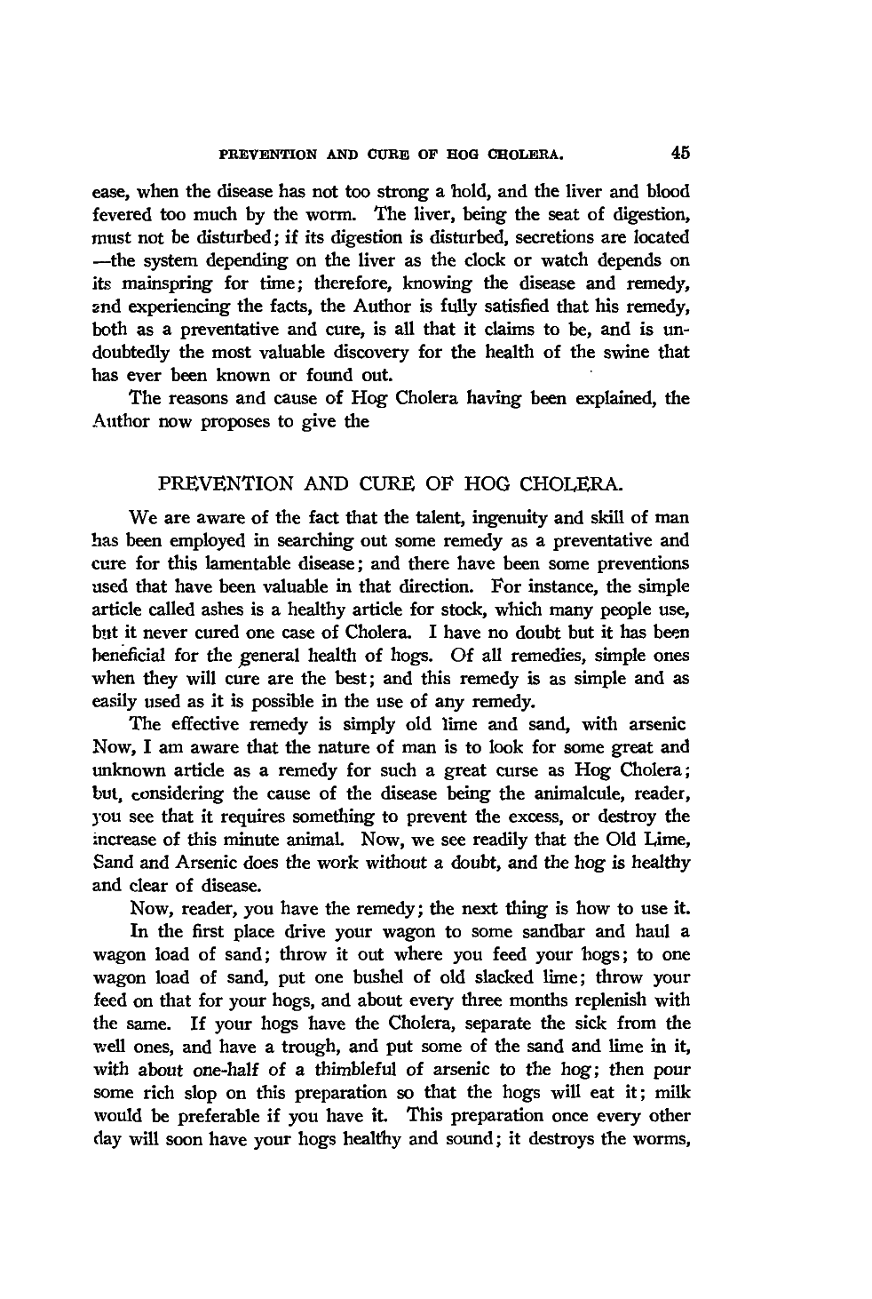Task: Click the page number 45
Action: (681, 152)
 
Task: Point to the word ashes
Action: (228, 610)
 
